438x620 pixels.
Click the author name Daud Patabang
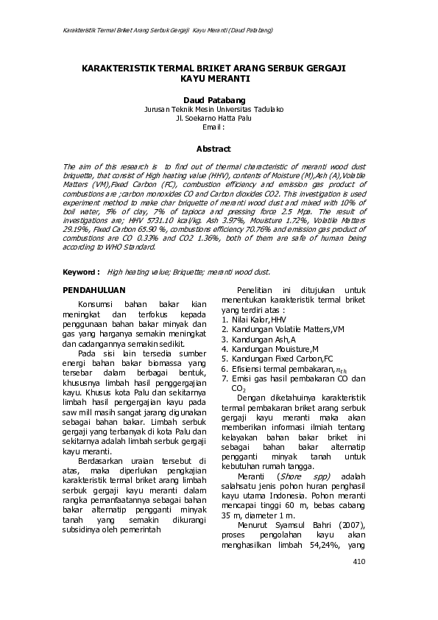click(x=218, y=98)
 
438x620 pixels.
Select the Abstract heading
click(x=218, y=148)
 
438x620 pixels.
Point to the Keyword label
click(x=81, y=271)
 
